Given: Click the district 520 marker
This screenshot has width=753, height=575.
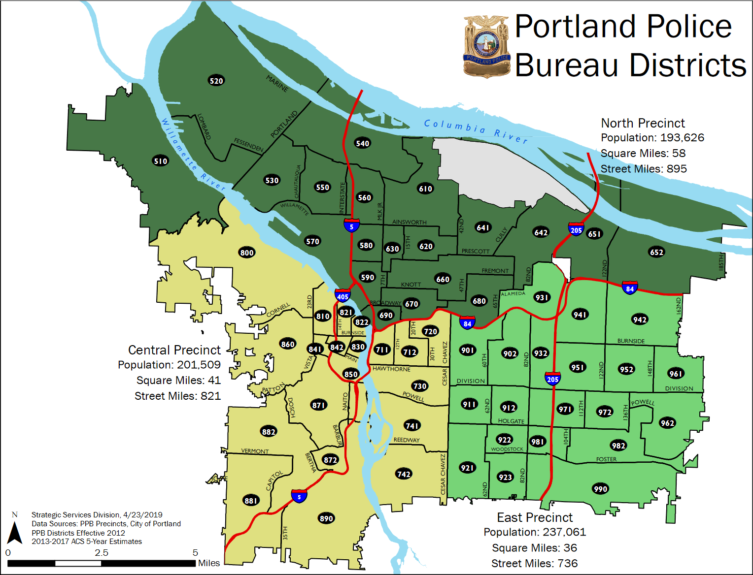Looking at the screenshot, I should [x=216, y=81].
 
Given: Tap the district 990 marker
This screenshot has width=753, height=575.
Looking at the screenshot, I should [x=600, y=489].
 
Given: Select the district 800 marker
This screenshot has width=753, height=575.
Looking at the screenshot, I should [x=247, y=253].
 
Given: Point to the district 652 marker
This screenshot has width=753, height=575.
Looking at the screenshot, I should [x=656, y=252].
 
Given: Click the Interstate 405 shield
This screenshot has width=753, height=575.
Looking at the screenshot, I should [x=342, y=295].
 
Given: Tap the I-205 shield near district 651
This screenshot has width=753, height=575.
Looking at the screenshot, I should [x=576, y=229].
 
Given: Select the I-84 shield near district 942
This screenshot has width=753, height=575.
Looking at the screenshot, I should [x=630, y=287].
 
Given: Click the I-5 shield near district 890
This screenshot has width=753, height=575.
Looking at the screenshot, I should [x=299, y=496].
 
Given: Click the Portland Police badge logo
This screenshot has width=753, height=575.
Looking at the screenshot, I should [x=486, y=47].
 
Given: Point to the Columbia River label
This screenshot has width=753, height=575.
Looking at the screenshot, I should [x=476, y=130].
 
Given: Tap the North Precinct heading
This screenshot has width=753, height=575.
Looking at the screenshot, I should [x=643, y=123].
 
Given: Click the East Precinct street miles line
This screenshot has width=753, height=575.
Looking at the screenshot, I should [x=534, y=563].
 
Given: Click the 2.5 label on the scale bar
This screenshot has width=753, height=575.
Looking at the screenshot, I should [x=102, y=552].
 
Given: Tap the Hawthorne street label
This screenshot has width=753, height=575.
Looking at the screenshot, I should [x=391, y=369].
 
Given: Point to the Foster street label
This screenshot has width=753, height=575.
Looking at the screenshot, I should [x=606, y=459].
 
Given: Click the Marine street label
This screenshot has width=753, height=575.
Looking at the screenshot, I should [x=277, y=83].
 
